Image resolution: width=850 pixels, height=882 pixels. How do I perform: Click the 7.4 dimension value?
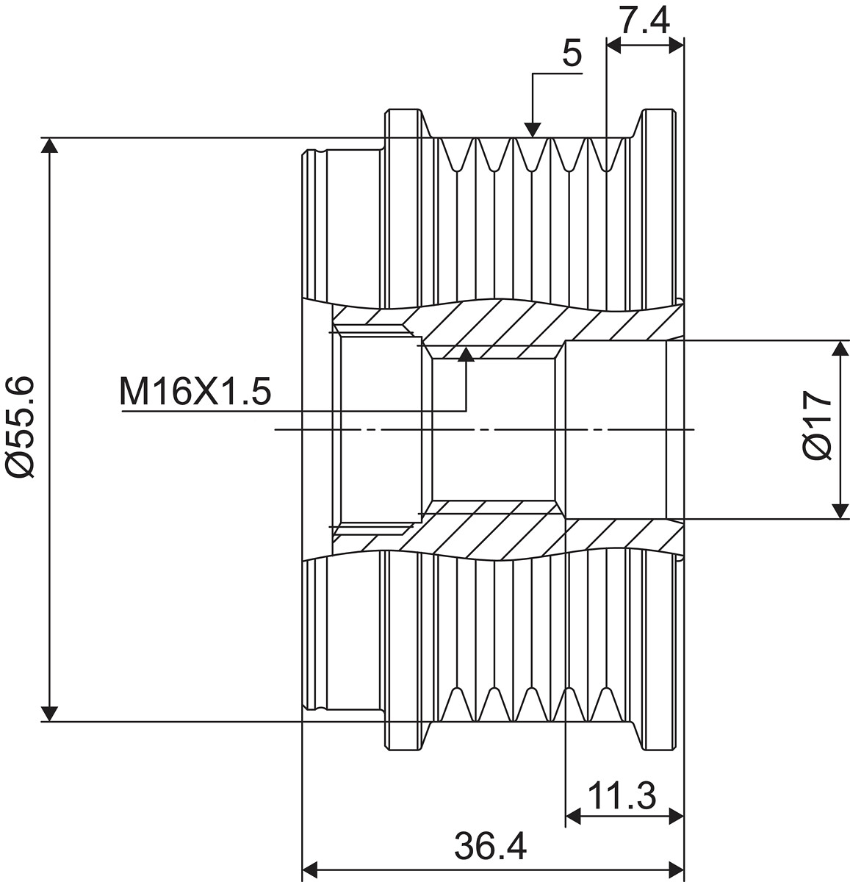tap(644, 20)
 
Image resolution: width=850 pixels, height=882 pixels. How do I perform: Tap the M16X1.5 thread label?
tap(195, 392)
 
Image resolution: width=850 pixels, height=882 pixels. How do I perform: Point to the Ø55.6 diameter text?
tap(21, 426)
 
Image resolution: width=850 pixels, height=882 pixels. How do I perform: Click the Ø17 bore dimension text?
tap(817, 426)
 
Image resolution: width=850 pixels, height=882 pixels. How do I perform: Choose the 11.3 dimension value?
tap(622, 796)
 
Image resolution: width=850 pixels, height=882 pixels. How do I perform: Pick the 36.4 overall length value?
tap(491, 846)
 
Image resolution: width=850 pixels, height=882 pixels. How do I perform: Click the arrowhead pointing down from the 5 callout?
tap(533, 129)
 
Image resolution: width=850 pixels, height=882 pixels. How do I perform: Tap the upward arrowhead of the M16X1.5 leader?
tap(466, 354)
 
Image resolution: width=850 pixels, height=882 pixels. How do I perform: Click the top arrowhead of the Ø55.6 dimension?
tap(50, 146)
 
